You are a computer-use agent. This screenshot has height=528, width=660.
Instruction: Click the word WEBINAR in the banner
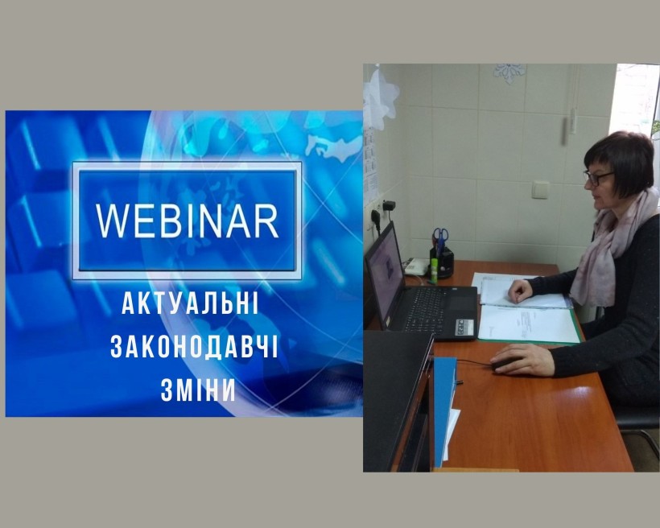[x=188, y=221]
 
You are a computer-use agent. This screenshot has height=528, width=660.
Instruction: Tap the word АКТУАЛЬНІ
[x=190, y=304]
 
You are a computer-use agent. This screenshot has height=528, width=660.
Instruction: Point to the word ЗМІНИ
[x=198, y=390]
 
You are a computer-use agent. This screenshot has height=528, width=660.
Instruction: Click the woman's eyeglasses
[x=597, y=177]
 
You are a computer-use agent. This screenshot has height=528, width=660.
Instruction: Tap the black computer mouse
[x=506, y=365]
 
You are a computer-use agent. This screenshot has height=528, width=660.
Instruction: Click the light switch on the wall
[x=540, y=189]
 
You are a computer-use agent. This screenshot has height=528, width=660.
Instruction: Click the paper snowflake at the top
[x=509, y=72]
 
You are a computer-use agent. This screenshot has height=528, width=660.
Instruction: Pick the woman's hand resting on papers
[x=521, y=290]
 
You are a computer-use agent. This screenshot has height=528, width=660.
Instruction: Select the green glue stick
[x=433, y=270]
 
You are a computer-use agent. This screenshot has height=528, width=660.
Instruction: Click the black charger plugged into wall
[x=389, y=206]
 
